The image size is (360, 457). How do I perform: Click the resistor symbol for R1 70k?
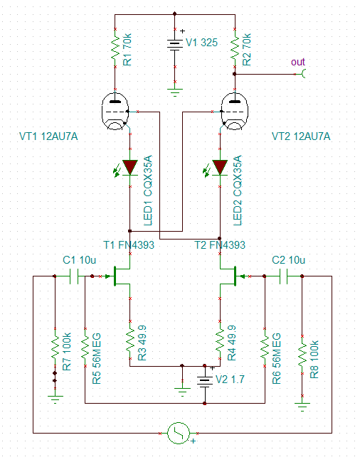115,48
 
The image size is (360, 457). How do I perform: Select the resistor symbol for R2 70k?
235,48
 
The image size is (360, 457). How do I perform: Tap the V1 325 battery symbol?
175,45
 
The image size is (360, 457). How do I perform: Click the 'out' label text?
298,62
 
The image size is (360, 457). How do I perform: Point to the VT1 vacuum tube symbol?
115,111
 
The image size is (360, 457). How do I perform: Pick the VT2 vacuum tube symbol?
235,111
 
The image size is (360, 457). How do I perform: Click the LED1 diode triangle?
130,168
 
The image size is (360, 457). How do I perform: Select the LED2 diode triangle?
220,168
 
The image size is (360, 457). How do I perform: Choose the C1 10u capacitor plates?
74,276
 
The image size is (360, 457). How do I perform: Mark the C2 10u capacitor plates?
283,276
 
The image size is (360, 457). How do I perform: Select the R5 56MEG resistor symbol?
85,347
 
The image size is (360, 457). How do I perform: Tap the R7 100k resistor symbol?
55,347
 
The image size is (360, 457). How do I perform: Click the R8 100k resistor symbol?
302,354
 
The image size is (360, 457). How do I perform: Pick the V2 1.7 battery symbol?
205,381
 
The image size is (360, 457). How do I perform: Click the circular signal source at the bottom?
179,433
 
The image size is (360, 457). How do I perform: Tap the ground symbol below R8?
302,407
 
